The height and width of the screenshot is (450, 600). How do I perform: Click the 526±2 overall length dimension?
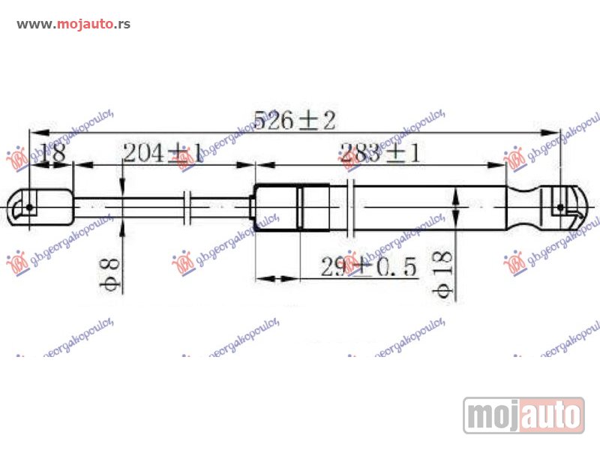(x=293, y=119)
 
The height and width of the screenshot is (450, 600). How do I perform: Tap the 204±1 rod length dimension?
(x=162, y=153)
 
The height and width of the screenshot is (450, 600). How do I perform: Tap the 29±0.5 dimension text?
(x=368, y=266)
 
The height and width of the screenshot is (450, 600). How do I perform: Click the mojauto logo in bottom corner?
(x=523, y=415)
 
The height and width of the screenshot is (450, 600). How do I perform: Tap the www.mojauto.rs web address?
(x=73, y=24)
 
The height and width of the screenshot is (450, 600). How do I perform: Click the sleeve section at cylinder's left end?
(x=276, y=206)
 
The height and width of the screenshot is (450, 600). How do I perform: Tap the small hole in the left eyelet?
(x=29, y=206)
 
